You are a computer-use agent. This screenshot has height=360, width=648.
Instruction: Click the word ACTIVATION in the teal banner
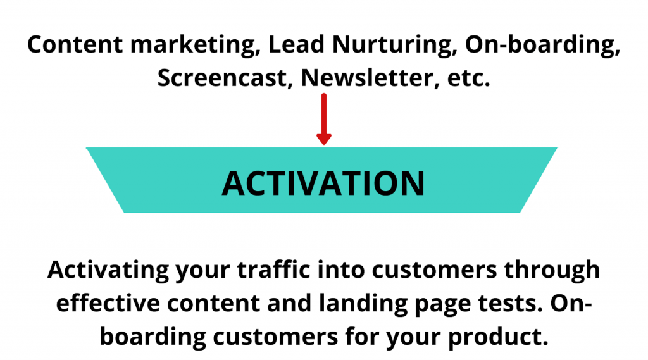[x=323, y=183]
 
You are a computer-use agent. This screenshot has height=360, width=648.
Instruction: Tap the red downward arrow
[x=324, y=119]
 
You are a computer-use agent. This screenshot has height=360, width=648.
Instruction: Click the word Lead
[x=296, y=44]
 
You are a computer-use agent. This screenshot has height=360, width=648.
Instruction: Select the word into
[x=341, y=270]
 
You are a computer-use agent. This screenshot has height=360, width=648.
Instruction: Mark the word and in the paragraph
[x=289, y=303]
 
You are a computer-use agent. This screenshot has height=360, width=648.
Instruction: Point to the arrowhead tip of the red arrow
[x=324, y=145]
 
